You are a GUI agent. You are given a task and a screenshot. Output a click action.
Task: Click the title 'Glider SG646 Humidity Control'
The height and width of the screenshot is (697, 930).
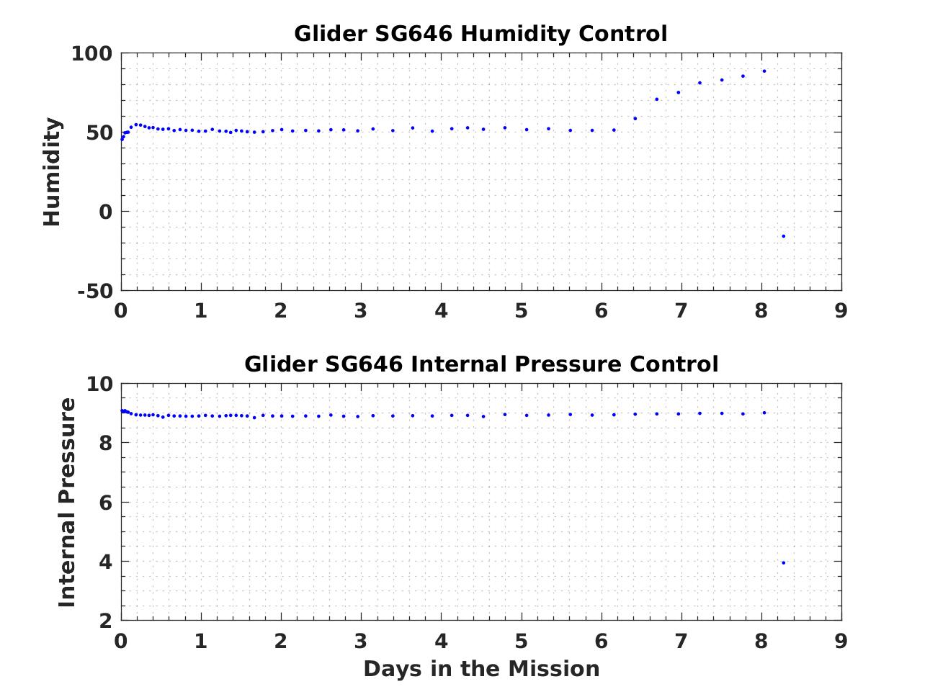tap(480, 34)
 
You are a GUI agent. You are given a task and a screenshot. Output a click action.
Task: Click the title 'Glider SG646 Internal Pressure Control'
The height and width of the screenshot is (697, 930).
tap(480, 364)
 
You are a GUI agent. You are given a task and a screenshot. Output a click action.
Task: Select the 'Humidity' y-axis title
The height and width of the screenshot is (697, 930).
tap(53, 172)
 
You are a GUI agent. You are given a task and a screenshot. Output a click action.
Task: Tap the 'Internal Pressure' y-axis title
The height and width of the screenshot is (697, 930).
tap(67, 502)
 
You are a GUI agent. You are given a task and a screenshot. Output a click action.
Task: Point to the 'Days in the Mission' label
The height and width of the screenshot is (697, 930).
tap(480, 669)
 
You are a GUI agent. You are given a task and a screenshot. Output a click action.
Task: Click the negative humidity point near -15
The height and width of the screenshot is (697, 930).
tap(784, 236)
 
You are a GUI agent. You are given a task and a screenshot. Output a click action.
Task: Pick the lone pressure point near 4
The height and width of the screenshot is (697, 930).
tap(784, 563)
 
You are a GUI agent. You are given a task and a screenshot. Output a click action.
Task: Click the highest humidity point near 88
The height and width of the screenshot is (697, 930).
tap(764, 71)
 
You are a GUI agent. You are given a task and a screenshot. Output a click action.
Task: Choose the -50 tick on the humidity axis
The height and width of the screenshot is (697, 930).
tap(96, 292)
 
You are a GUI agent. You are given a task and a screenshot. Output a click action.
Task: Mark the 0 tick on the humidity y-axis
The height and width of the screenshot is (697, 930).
tap(107, 212)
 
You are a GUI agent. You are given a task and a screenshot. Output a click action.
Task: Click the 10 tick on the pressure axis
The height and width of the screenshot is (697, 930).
tap(100, 385)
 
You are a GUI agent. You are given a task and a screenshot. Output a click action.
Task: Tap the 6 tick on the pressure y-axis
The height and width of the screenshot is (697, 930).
tap(107, 503)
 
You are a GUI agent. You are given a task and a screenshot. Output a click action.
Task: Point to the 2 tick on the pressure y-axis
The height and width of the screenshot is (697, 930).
tap(107, 621)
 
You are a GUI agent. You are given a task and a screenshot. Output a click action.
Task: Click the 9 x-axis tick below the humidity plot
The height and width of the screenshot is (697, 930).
tap(841, 311)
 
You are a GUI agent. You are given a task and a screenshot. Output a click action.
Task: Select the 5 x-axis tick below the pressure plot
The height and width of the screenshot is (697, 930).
tap(521, 641)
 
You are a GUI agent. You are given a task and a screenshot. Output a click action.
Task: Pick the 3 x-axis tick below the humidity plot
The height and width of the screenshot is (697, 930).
tap(361, 311)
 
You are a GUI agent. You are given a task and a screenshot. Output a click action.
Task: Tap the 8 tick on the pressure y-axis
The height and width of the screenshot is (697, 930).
tap(107, 444)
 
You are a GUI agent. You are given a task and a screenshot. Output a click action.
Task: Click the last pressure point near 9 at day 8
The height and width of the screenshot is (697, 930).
tap(764, 413)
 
